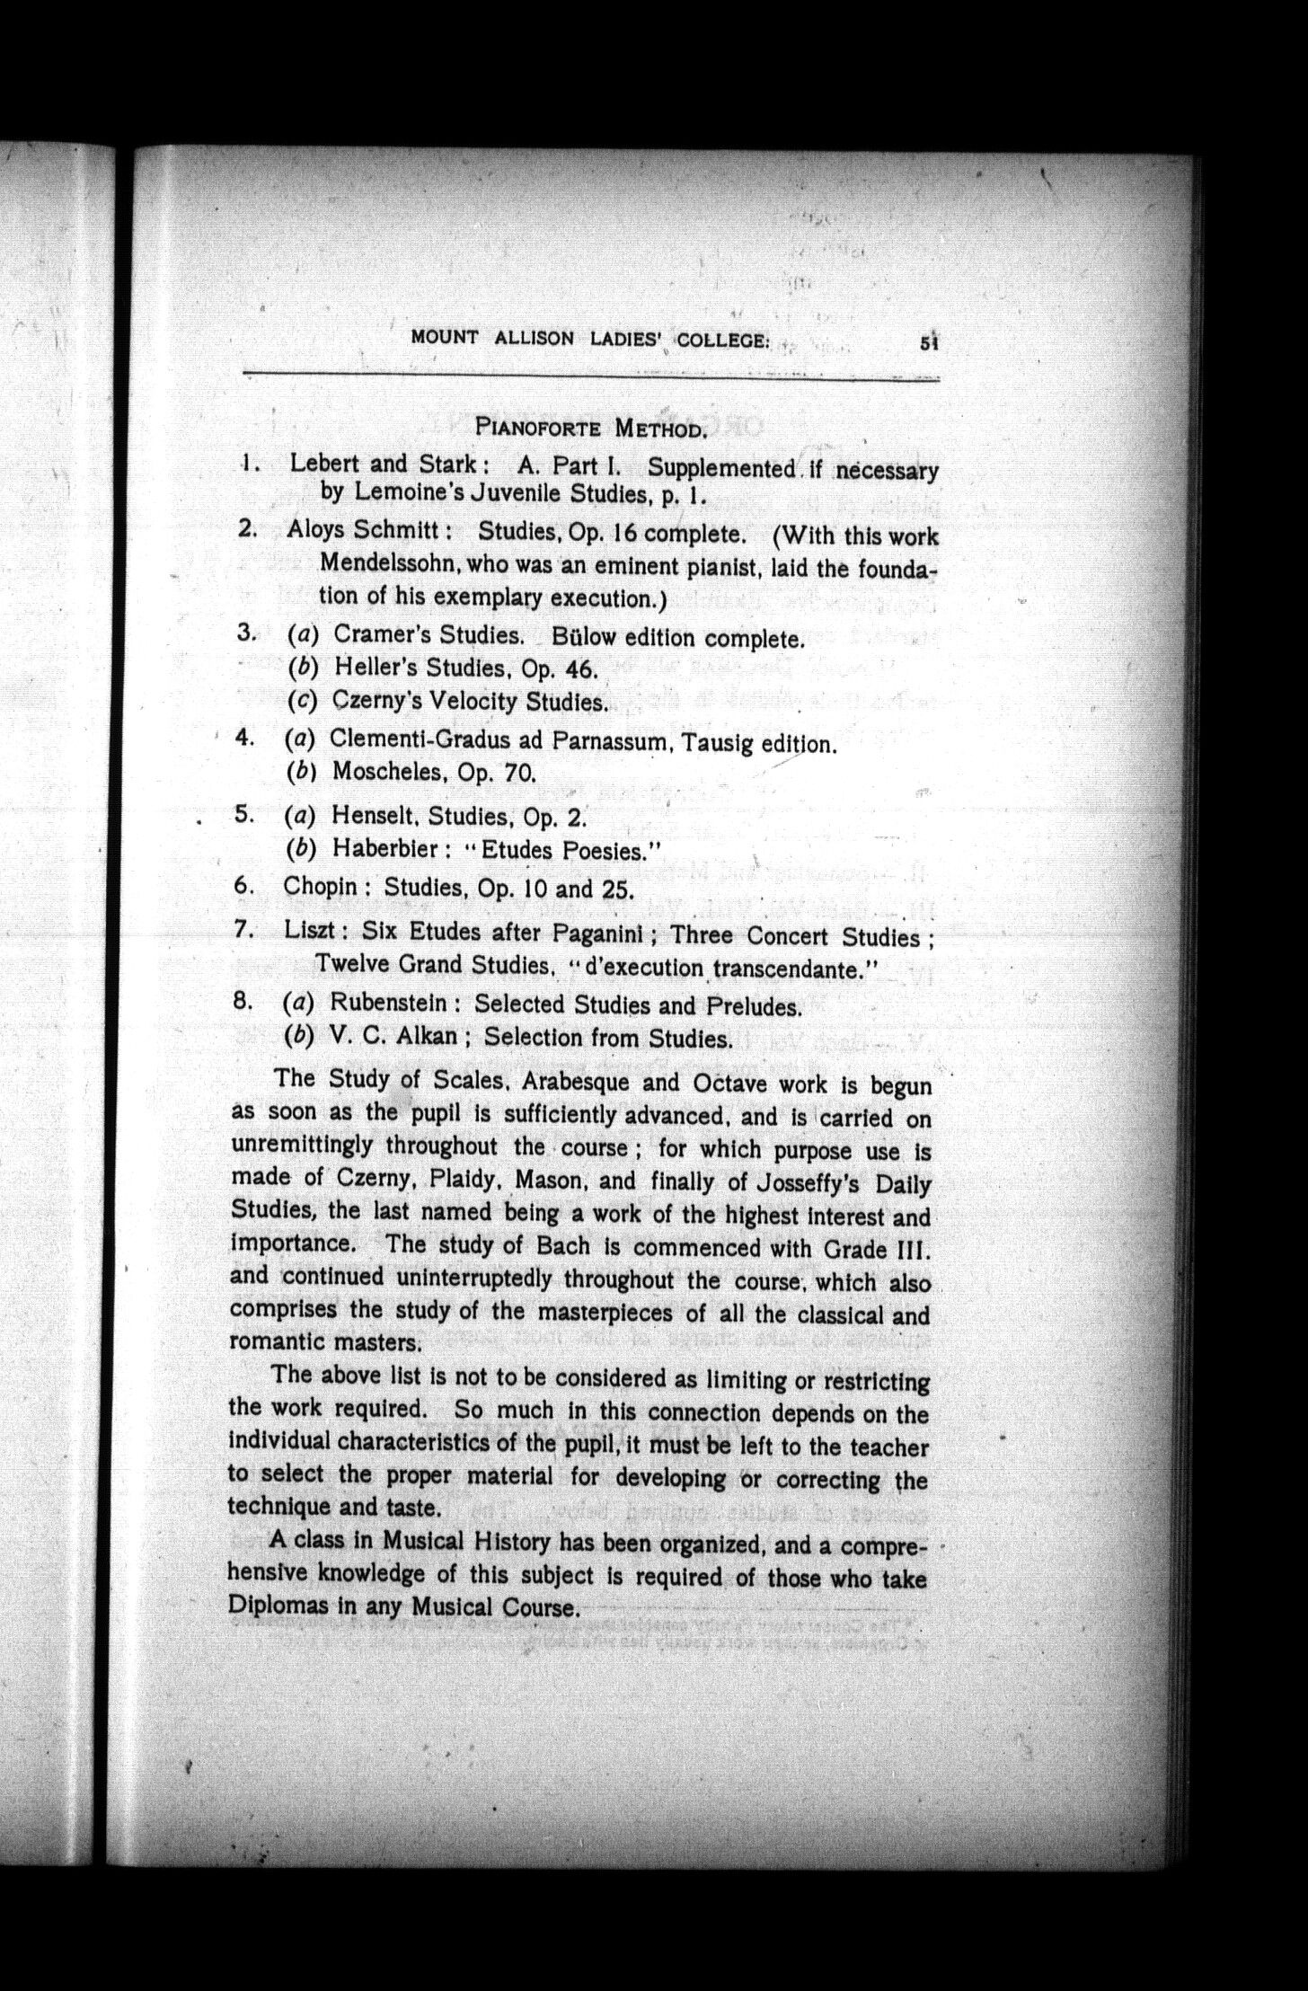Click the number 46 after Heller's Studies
579,669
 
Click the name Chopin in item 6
320,887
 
